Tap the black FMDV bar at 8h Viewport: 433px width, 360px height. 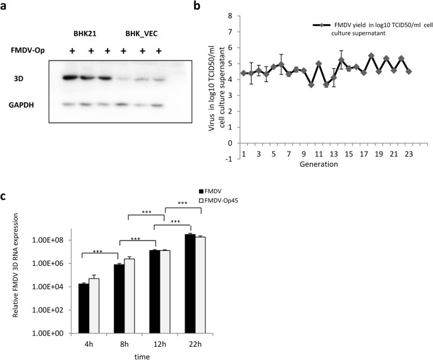(119, 299)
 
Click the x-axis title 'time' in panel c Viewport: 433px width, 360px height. (142, 355)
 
